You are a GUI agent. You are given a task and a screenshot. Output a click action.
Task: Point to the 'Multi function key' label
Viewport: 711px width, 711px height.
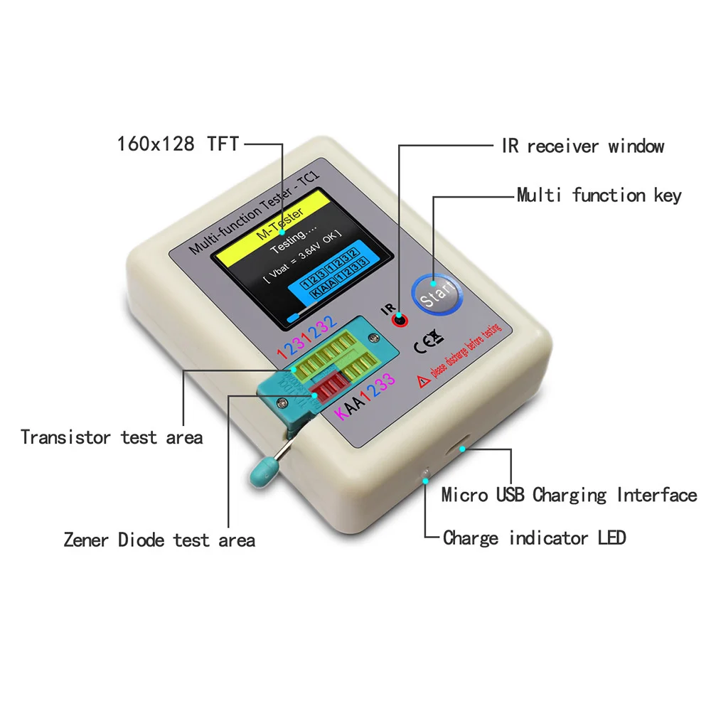(599, 195)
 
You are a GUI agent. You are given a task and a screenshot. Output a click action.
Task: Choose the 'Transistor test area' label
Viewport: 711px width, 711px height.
(112, 437)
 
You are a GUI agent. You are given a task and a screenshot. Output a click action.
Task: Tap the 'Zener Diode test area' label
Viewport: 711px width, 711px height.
(159, 540)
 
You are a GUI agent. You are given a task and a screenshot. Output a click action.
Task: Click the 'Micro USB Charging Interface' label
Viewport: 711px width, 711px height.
(569, 494)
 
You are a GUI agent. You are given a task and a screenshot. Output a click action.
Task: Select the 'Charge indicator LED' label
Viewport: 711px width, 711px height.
(534, 538)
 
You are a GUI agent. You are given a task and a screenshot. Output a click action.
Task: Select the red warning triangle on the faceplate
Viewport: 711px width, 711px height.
(424, 382)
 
